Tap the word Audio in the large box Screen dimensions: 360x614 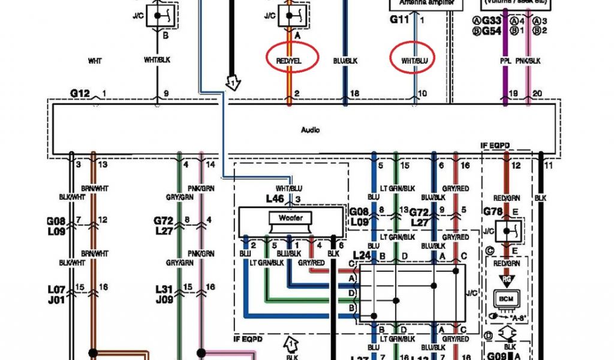click(311, 130)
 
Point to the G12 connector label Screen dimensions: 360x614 click(80, 93)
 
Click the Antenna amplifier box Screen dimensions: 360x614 click(426, 4)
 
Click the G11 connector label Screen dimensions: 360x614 click(399, 19)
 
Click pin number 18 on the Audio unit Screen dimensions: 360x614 click(354, 94)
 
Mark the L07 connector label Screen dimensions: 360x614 click(56, 289)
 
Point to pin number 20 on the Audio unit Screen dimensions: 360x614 click(537, 94)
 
